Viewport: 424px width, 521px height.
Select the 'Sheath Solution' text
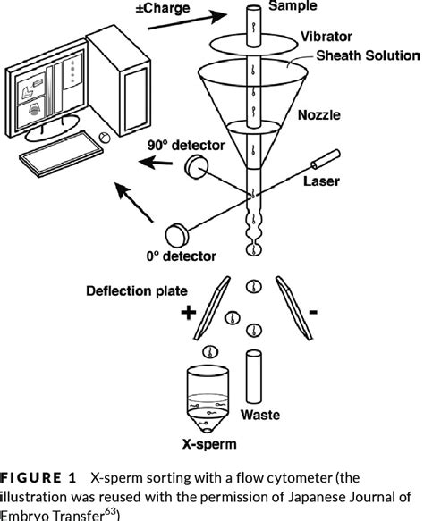(x=357, y=59)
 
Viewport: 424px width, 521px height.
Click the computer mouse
(x=105, y=138)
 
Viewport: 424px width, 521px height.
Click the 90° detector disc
(x=196, y=166)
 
